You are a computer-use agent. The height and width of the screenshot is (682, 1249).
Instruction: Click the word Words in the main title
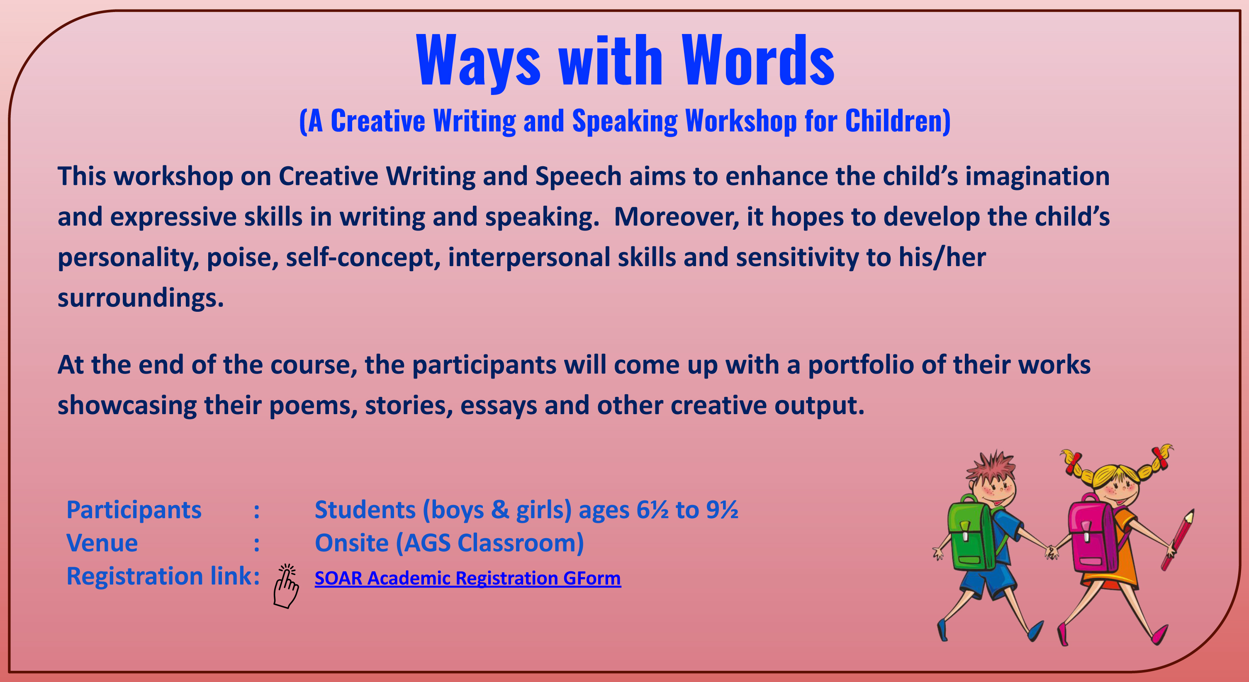click(x=757, y=60)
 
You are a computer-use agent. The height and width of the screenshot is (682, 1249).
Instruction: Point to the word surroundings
click(x=141, y=298)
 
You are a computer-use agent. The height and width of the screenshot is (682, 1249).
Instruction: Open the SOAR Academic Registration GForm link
click(x=468, y=578)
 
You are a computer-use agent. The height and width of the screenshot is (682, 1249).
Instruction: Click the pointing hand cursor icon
click(x=286, y=586)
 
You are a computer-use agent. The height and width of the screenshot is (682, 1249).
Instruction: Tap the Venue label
click(x=102, y=543)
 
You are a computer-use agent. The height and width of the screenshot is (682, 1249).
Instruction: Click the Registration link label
click(x=163, y=576)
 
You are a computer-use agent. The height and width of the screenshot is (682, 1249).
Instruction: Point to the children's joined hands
click(x=1051, y=551)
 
